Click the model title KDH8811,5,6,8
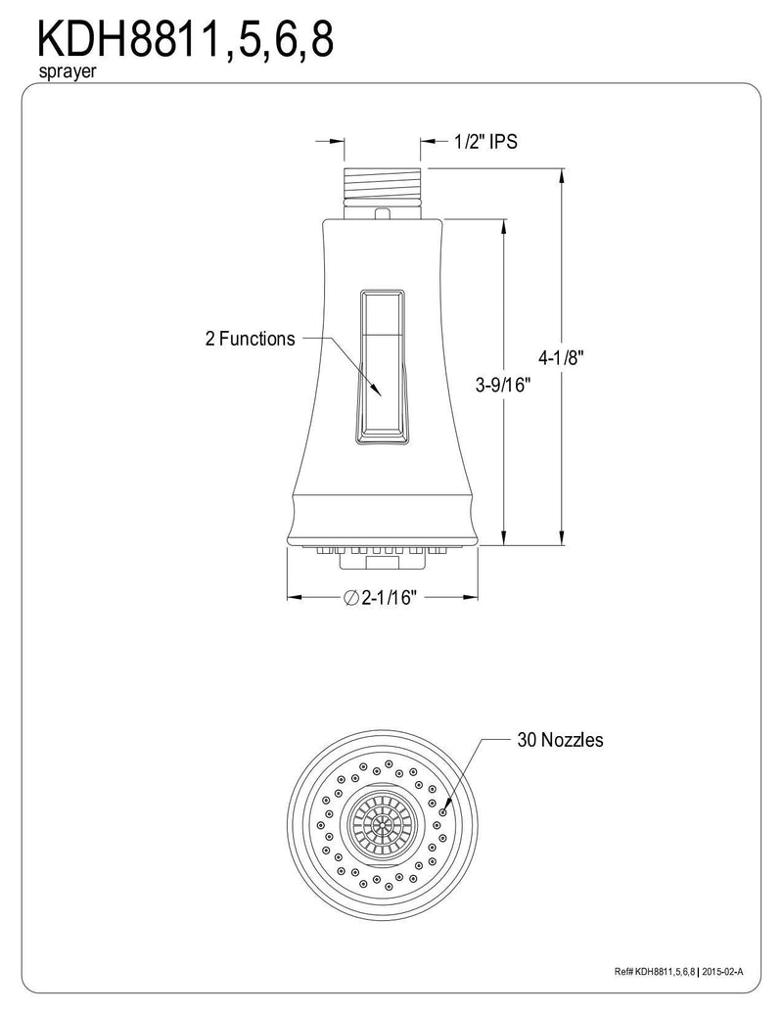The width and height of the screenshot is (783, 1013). point(185,39)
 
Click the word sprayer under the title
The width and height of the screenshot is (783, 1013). point(68,71)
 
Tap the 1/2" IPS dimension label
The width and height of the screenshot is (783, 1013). point(485,142)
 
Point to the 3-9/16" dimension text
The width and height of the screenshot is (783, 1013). point(503,385)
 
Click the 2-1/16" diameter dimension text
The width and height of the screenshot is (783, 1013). point(388,597)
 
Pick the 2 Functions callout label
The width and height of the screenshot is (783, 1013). point(250,339)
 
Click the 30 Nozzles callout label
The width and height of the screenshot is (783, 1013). point(560,739)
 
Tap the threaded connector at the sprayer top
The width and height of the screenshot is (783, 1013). point(383,184)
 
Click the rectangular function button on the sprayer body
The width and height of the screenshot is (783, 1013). point(383,367)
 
